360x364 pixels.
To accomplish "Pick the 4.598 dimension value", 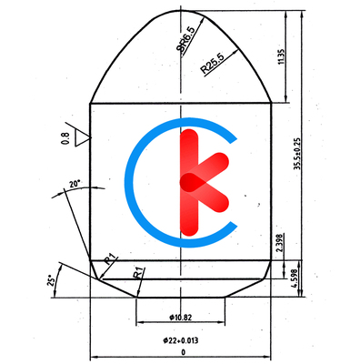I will point(294,277).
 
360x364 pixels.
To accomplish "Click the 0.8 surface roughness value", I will point(65,138).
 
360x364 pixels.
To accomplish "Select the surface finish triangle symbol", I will point(82,138).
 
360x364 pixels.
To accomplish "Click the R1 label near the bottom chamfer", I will point(137,271).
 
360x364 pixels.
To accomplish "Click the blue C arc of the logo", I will point(136,182).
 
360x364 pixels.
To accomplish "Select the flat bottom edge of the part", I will point(181,297).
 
